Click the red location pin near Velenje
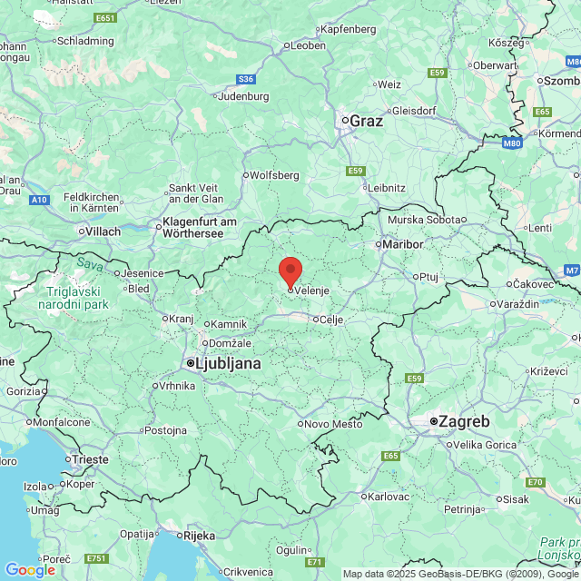pyautogui.click(x=290, y=271)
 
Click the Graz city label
pyautogui.click(x=366, y=120)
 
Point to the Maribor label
pyautogui.click(x=403, y=244)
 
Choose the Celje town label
pyautogui.click(x=330, y=319)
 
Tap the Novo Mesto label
pyautogui.click(x=332, y=424)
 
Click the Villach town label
pyautogui.click(x=103, y=231)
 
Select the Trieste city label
pyautogui.click(x=91, y=459)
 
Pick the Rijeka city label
pyautogui.click(x=199, y=536)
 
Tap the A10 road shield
pyautogui.click(x=39, y=199)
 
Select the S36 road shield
pyautogui.click(x=246, y=79)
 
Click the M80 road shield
pyautogui.click(x=512, y=143)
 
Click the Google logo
pyautogui.click(x=30, y=569)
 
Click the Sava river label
pyautogui.click(x=89, y=263)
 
